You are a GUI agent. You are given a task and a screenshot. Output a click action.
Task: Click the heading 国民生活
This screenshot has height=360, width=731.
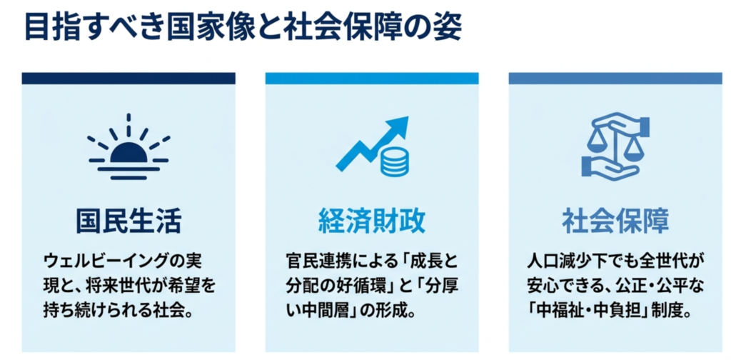pyautogui.click(x=128, y=221)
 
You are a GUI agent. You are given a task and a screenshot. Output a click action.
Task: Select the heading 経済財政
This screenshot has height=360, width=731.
pyautogui.click(x=371, y=221)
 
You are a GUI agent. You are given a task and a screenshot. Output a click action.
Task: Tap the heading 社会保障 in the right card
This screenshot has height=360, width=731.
pyautogui.click(x=615, y=221)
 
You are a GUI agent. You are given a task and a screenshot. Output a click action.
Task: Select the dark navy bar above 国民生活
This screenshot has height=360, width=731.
pyautogui.click(x=128, y=78)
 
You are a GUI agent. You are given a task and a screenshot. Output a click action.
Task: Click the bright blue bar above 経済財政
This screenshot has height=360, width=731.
pyautogui.click(x=372, y=78)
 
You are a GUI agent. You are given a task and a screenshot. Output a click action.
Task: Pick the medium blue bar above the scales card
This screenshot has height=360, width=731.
pyautogui.click(x=615, y=78)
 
